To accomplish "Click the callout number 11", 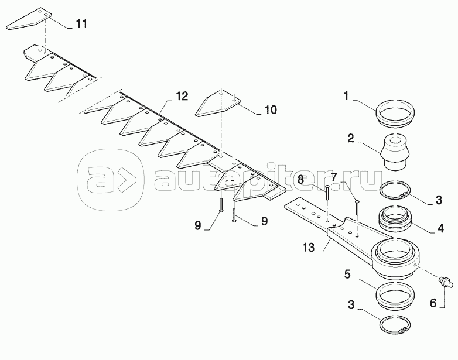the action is click(81, 23).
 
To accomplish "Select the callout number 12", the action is click(182, 96).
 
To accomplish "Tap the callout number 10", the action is click(271, 110).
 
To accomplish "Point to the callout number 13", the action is click(308, 248).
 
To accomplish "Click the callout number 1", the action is click(346, 96).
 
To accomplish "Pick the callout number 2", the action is click(350, 138).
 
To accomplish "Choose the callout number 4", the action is click(440, 228).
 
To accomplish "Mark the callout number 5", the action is click(347, 275).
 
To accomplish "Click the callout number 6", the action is click(433, 303).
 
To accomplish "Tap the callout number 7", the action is click(334, 177).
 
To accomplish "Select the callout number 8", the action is click(301, 179).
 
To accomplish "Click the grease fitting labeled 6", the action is click(446, 282).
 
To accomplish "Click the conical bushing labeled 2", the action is click(395, 152).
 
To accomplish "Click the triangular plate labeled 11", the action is click(30, 21).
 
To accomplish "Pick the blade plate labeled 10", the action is click(217, 104).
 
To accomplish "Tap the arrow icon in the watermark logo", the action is click(127, 180).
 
